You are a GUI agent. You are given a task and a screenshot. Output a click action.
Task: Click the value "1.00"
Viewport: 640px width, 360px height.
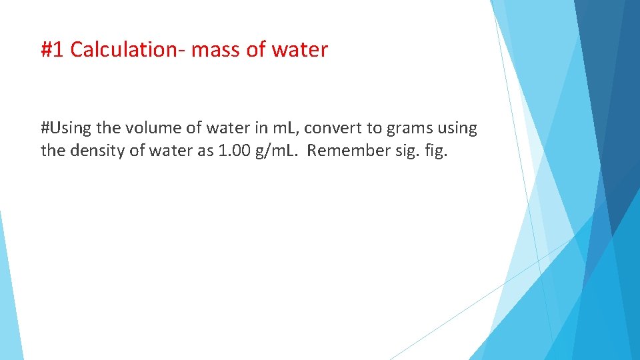pos(233,150)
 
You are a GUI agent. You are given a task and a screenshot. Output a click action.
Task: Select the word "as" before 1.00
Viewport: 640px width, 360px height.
pos(204,150)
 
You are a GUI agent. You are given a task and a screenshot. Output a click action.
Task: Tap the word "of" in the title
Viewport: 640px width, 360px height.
pos(255,49)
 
